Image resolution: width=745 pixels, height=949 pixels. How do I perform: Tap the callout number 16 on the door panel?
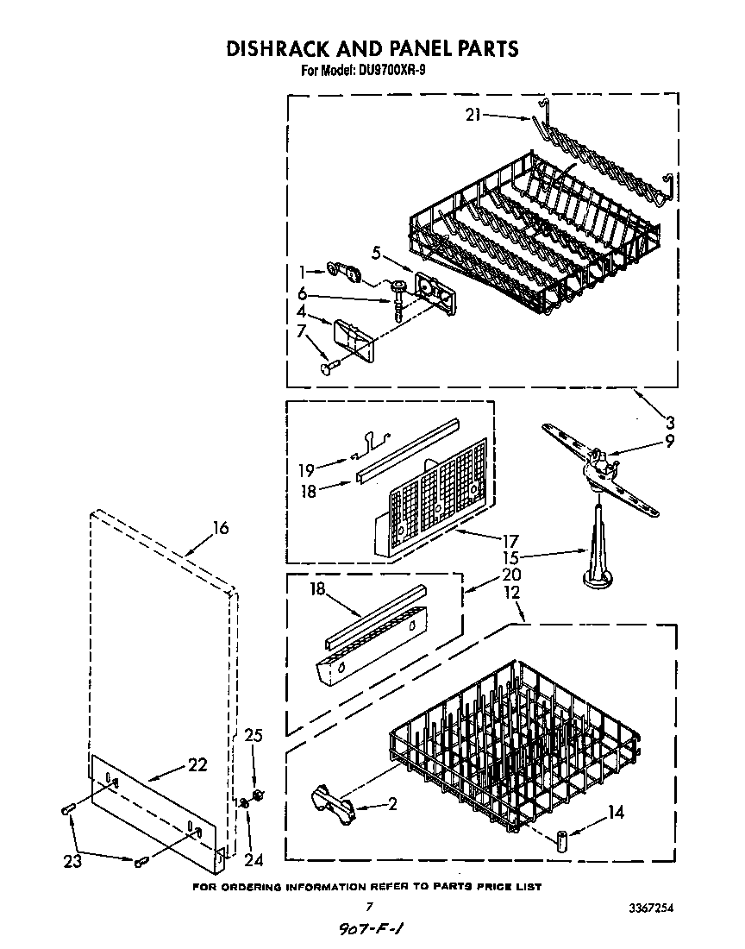click(x=221, y=528)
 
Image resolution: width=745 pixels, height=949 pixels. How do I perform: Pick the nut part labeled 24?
click(x=244, y=804)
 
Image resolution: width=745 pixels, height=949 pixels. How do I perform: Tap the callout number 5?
click(x=377, y=253)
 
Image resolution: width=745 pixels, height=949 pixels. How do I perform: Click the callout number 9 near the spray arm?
click(x=670, y=440)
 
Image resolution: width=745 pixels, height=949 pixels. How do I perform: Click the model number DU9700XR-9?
click(x=388, y=72)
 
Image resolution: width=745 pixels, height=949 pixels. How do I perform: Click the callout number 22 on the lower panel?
click(x=197, y=764)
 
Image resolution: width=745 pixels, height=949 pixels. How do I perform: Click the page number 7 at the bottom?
click(x=368, y=906)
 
